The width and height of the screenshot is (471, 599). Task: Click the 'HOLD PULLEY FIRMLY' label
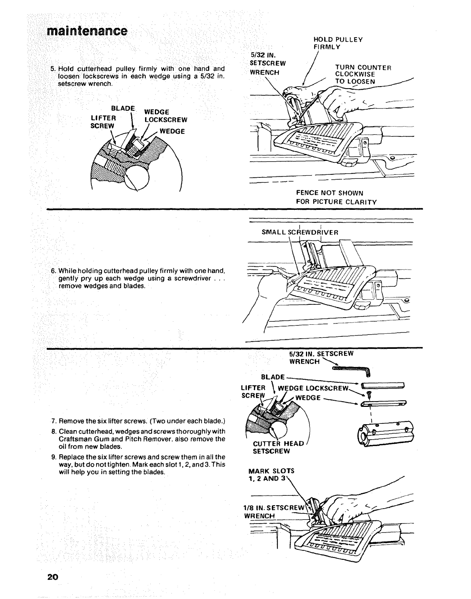tap(338, 43)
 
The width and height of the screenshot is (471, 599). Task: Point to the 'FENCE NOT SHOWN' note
tap(329, 193)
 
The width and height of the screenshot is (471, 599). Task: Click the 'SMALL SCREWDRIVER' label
tap(300, 232)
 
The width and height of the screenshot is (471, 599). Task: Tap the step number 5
tap(52, 69)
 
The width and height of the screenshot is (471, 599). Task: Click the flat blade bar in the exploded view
tap(382, 385)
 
